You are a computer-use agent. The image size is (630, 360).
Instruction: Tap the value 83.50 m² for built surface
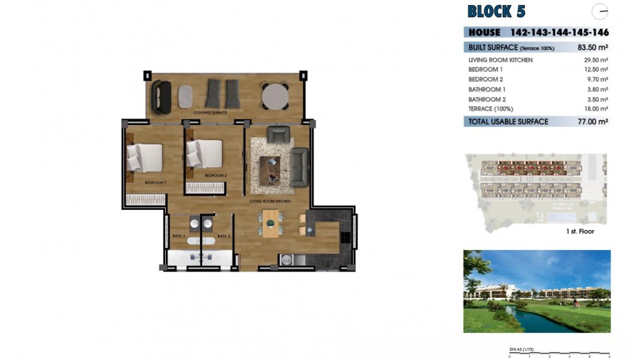592,47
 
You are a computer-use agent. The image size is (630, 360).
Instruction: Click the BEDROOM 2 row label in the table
485,79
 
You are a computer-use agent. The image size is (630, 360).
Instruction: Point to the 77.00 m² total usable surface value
592,122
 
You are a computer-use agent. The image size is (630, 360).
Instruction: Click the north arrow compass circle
601,11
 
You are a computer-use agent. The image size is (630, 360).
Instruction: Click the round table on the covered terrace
274,96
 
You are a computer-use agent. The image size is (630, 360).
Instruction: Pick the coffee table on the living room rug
270,168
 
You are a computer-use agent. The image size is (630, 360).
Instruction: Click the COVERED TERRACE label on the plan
211,113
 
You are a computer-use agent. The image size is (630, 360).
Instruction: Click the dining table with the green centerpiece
271,223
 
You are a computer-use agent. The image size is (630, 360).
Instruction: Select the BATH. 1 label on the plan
179,236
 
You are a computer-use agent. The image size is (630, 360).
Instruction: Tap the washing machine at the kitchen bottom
287,261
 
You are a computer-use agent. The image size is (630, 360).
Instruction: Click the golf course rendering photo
536,291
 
